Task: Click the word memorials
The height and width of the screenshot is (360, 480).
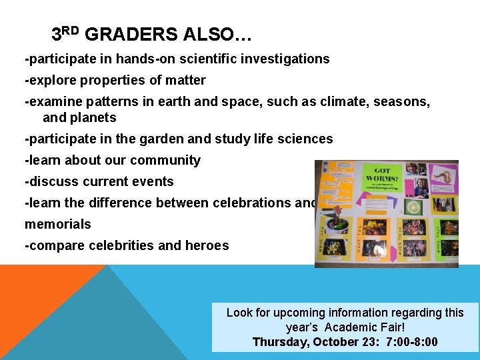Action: pyautogui.click(x=58, y=224)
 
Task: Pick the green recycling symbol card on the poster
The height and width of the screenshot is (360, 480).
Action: pyautogui.click(x=413, y=208)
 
